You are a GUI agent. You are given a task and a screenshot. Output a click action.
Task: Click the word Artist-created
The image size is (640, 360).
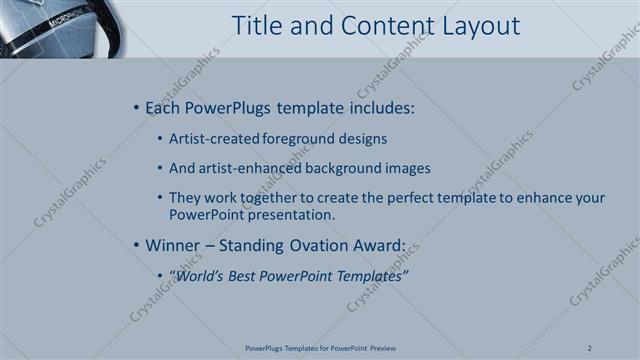[210, 138]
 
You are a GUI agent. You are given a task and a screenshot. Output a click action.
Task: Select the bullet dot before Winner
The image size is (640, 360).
[136, 244]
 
